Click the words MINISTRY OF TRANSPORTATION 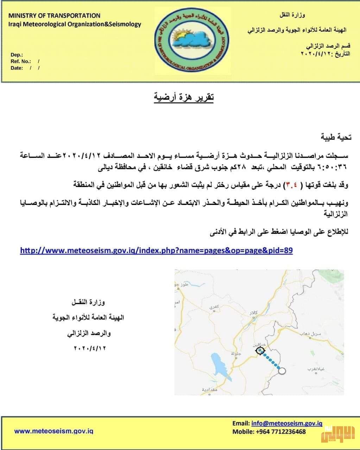coord(54,16)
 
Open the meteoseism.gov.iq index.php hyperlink coord(156,250)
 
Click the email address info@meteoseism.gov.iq coord(287,424)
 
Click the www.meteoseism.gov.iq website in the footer coord(53,431)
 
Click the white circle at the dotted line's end coord(282,370)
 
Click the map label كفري coord(214,307)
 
